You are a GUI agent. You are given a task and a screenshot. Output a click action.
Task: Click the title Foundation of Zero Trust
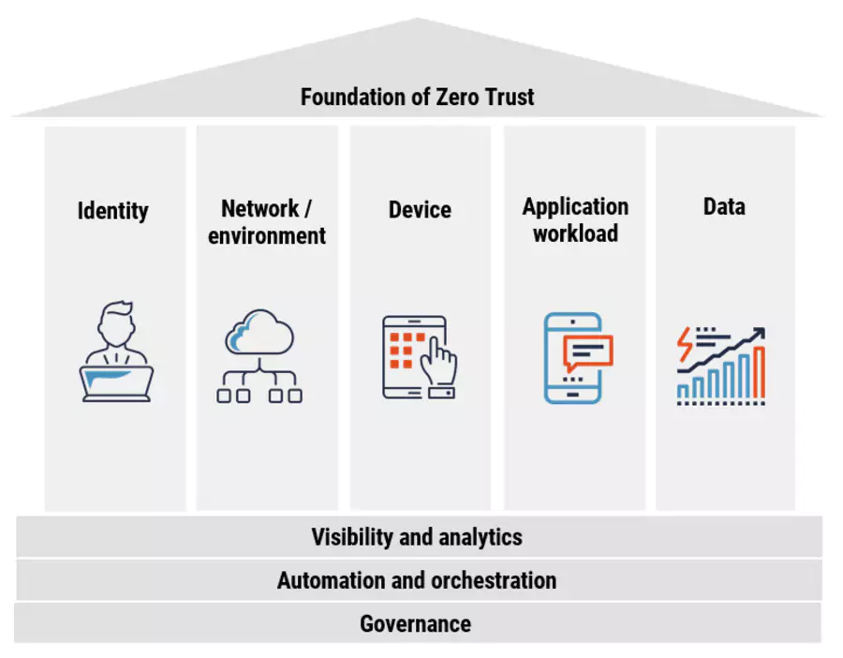(x=417, y=97)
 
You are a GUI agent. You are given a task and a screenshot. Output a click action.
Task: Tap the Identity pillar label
(x=112, y=210)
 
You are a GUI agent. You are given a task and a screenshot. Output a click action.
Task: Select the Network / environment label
(x=267, y=222)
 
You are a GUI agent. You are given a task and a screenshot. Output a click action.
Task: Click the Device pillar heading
(x=420, y=210)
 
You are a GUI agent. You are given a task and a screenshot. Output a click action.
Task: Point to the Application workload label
(x=575, y=220)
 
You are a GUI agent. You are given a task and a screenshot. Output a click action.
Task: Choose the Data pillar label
(x=724, y=206)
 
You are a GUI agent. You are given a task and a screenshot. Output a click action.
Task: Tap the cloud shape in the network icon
(x=259, y=333)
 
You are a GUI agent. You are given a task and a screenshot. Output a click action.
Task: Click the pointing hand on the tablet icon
(x=439, y=362)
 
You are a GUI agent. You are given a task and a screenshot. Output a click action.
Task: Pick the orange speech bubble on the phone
(x=587, y=351)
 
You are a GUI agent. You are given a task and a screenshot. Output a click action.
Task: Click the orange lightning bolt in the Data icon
(x=686, y=344)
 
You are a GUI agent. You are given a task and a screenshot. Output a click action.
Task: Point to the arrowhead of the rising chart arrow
(x=759, y=334)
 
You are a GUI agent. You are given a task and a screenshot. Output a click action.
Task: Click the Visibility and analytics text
(x=417, y=537)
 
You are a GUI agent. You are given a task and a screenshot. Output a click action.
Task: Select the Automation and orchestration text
(x=417, y=580)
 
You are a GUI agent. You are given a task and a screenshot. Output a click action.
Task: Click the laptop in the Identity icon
(x=116, y=381)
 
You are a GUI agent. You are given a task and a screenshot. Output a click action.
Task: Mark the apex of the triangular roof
(x=417, y=20)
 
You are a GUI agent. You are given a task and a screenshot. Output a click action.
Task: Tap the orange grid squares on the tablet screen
(x=402, y=349)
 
